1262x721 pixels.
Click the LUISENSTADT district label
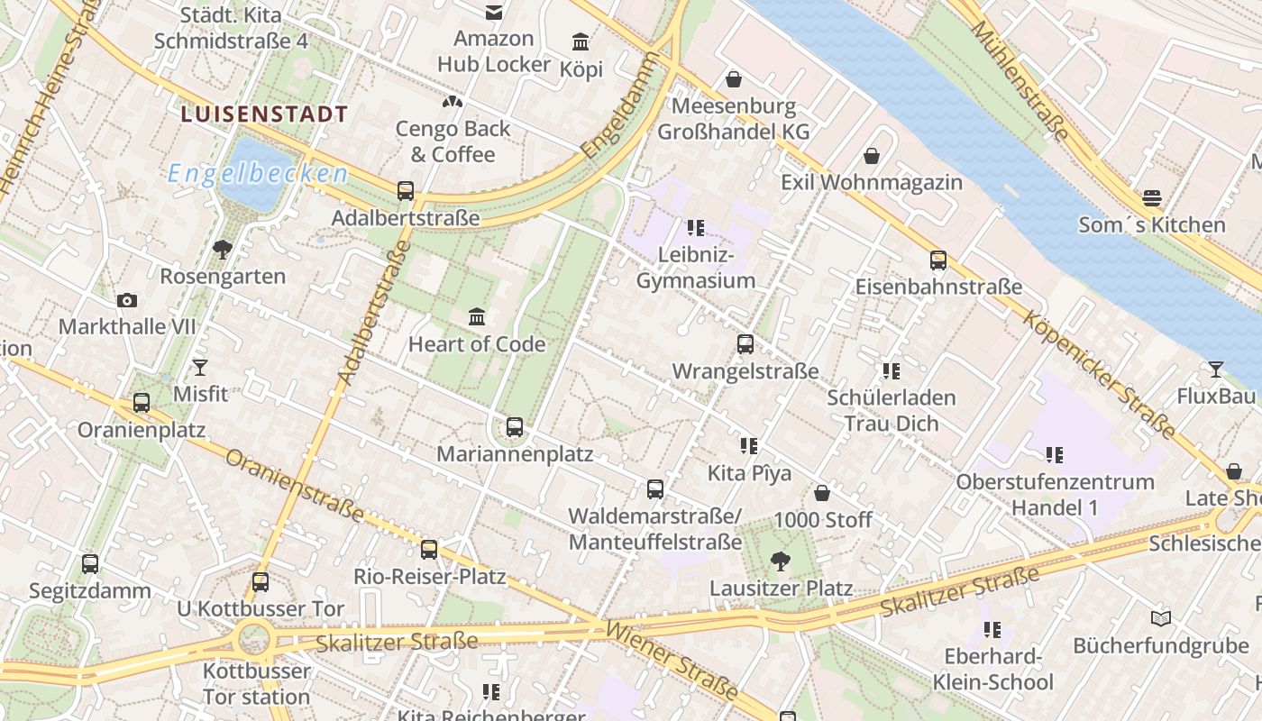pyautogui.click(x=264, y=114)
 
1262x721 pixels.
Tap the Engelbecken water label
pyautogui.click(x=258, y=173)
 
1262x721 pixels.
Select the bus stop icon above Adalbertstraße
pyautogui.click(x=406, y=191)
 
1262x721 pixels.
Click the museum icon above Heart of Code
pyautogui.click(x=477, y=317)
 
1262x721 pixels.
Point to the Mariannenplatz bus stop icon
pyautogui.click(x=515, y=427)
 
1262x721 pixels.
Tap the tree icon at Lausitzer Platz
pyautogui.click(x=781, y=561)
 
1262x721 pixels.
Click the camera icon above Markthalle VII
pyautogui.click(x=127, y=300)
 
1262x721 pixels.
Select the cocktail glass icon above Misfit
pyautogui.click(x=200, y=368)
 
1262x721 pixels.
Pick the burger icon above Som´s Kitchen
pyautogui.click(x=1152, y=198)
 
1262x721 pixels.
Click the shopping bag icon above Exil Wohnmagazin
pyautogui.click(x=872, y=156)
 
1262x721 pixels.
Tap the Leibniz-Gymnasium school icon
pyautogui.click(x=695, y=228)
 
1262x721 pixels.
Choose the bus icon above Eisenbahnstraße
pyautogui.click(x=938, y=260)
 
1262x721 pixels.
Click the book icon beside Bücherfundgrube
pyautogui.click(x=1161, y=619)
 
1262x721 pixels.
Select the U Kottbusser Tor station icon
pyautogui.click(x=261, y=582)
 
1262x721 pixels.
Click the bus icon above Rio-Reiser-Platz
pyautogui.click(x=429, y=550)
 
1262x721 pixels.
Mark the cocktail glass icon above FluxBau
pyautogui.click(x=1216, y=370)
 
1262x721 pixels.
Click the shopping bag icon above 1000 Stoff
pyautogui.click(x=822, y=493)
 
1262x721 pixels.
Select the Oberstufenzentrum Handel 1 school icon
pyautogui.click(x=1055, y=455)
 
